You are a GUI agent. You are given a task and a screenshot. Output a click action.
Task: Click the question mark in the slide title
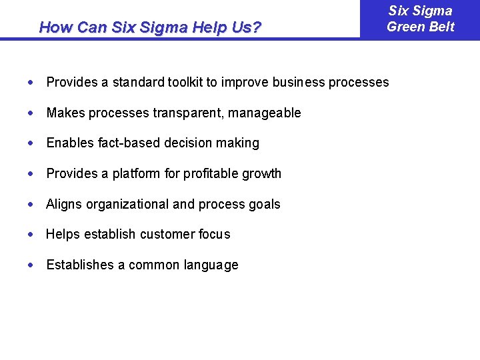click(x=257, y=27)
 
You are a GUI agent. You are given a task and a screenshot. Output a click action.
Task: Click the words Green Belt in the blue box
click(x=421, y=27)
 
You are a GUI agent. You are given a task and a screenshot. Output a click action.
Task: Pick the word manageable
click(x=265, y=113)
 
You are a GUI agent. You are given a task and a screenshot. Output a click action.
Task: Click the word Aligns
click(x=63, y=204)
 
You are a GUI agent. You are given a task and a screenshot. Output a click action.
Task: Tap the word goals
click(x=264, y=204)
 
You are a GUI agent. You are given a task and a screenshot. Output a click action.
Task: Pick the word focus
click(x=215, y=234)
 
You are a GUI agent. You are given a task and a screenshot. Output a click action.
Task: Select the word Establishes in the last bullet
click(x=80, y=265)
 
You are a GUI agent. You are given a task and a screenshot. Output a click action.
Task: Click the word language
click(x=210, y=265)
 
